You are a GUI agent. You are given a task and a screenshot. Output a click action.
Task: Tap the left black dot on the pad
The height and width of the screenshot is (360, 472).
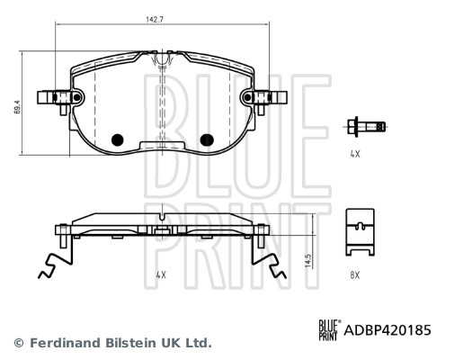pos(116,139)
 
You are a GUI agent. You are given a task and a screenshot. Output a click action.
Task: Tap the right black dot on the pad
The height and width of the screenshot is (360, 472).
pos(206,139)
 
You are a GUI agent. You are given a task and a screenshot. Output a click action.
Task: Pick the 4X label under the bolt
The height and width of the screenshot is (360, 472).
pos(355,154)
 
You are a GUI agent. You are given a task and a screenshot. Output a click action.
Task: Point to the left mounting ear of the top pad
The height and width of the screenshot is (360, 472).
pos(52,99)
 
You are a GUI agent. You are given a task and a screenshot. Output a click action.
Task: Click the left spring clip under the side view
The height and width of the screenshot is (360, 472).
pos(54,261)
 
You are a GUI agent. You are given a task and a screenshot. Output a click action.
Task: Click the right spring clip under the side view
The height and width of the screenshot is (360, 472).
pos(268,261)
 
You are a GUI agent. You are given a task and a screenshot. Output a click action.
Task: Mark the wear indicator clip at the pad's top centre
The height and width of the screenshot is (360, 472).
pos(162,61)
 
